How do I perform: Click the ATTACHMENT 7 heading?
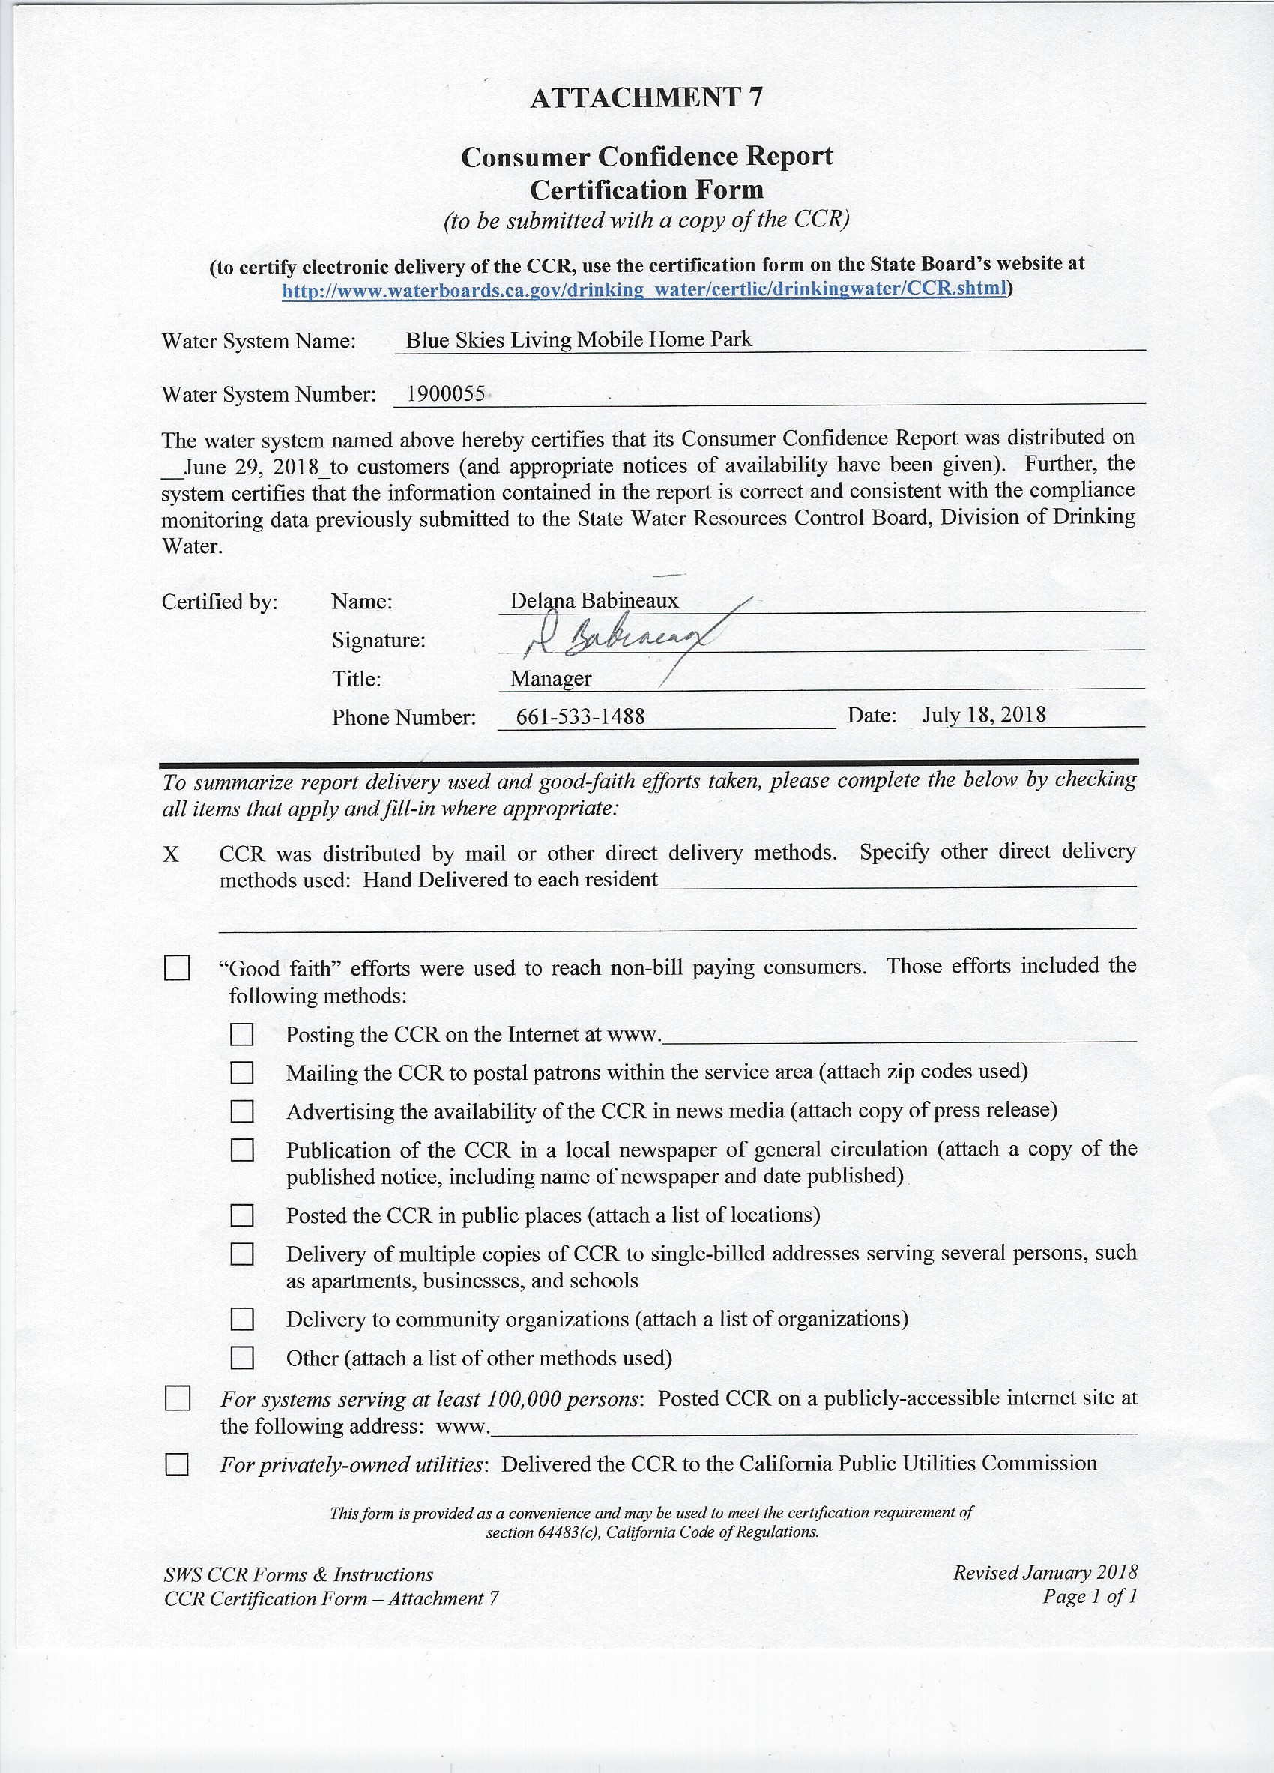pyautogui.click(x=647, y=97)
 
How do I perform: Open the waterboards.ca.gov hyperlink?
pyautogui.click(x=644, y=289)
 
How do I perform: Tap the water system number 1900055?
pyautogui.click(x=445, y=393)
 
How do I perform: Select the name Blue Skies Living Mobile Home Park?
pyautogui.click(x=579, y=339)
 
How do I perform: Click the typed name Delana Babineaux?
pyautogui.click(x=594, y=600)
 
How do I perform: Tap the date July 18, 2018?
pyautogui.click(x=983, y=714)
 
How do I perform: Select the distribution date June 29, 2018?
pyautogui.click(x=251, y=468)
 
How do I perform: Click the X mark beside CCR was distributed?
pyautogui.click(x=171, y=854)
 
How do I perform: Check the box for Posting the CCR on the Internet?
pyautogui.click(x=241, y=1034)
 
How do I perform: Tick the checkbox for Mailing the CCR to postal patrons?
pyautogui.click(x=241, y=1072)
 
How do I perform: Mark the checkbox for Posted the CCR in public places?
pyautogui.click(x=241, y=1215)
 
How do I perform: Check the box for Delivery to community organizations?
pyautogui.click(x=241, y=1320)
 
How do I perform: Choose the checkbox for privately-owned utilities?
pyautogui.click(x=177, y=1464)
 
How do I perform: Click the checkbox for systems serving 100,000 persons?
pyautogui.click(x=177, y=1398)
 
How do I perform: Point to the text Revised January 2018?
pyautogui.click(x=1044, y=1572)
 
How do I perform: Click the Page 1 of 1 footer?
pyautogui.click(x=1089, y=1596)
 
